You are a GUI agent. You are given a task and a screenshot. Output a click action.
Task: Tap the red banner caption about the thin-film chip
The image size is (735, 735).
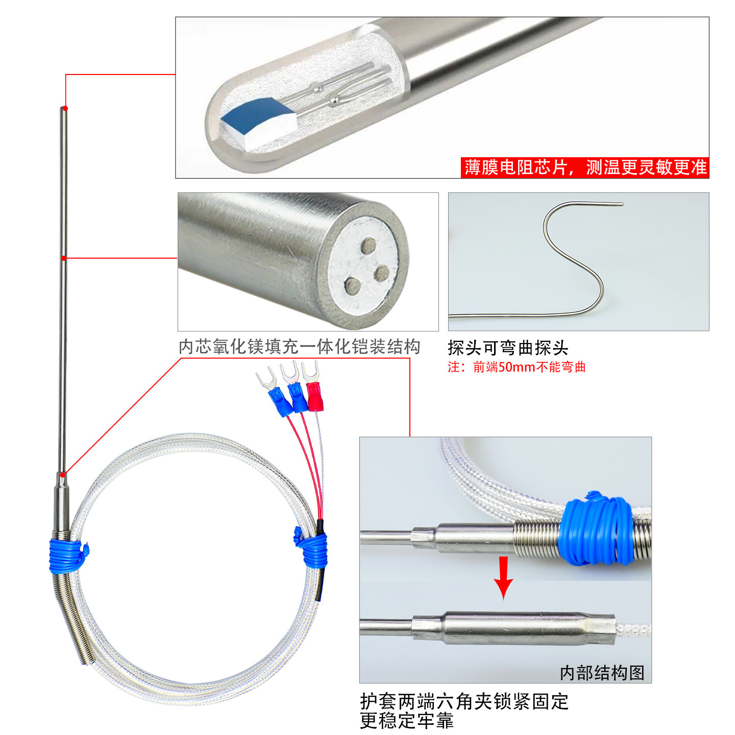tap(585, 167)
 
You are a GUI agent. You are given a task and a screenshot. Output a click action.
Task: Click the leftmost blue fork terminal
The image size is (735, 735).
tap(279, 400)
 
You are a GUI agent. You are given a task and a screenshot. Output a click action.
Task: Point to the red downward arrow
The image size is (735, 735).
tap(504, 577)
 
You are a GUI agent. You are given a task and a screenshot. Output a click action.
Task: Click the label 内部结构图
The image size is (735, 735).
tap(602, 672)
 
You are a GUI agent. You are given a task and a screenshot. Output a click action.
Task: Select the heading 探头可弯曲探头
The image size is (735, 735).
tap(508, 348)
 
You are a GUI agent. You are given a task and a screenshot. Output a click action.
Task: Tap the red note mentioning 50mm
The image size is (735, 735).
tap(517, 367)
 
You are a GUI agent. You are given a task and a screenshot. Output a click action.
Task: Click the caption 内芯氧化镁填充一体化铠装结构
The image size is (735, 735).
tap(299, 347)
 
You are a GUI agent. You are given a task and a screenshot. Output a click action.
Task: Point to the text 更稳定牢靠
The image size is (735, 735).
tap(407, 721)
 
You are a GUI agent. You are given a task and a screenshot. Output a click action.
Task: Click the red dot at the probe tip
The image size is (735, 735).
tap(65, 108)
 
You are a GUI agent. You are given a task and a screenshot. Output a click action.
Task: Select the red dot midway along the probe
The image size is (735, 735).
tap(64, 258)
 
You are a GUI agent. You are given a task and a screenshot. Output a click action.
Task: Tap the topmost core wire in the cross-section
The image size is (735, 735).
tap(368, 245)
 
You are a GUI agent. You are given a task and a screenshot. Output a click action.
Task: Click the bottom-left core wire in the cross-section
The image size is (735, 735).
tap(352, 285)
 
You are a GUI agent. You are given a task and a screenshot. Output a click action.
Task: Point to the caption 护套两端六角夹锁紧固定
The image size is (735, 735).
tap(464, 701)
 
